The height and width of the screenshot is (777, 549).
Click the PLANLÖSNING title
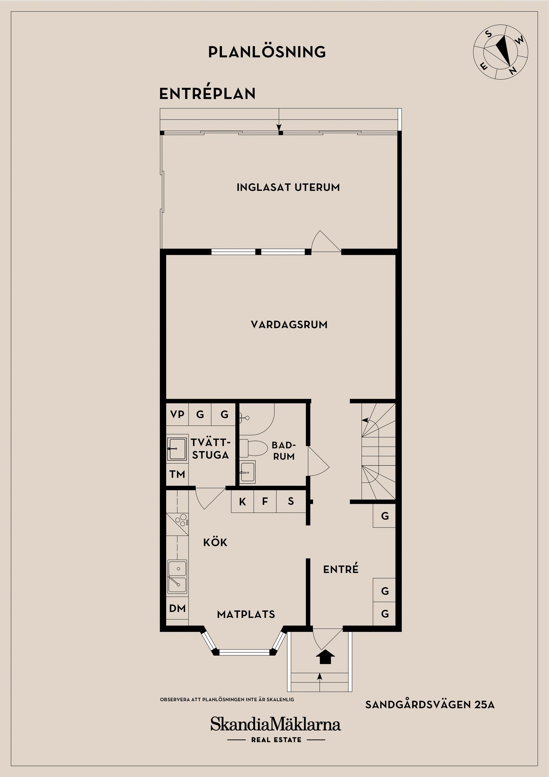tap(267, 52)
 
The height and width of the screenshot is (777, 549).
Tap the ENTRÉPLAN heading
tap(207, 94)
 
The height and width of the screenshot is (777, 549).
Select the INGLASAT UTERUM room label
tap(288, 187)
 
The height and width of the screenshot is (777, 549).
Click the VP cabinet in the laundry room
tap(177, 414)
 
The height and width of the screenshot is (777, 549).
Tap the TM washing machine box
tap(177, 474)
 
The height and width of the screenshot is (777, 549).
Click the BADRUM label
tap(284, 451)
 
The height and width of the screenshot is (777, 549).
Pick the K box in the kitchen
tap(242, 502)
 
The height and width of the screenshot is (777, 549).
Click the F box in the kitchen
tap(265, 501)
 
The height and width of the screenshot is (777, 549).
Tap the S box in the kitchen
tap(291, 501)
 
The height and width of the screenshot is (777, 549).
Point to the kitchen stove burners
tap(182, 520)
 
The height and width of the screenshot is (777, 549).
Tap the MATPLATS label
tap(246, 614)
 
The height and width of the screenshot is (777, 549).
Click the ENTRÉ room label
tap(341, 569)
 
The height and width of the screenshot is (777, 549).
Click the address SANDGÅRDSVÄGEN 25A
tap(429, 704)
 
